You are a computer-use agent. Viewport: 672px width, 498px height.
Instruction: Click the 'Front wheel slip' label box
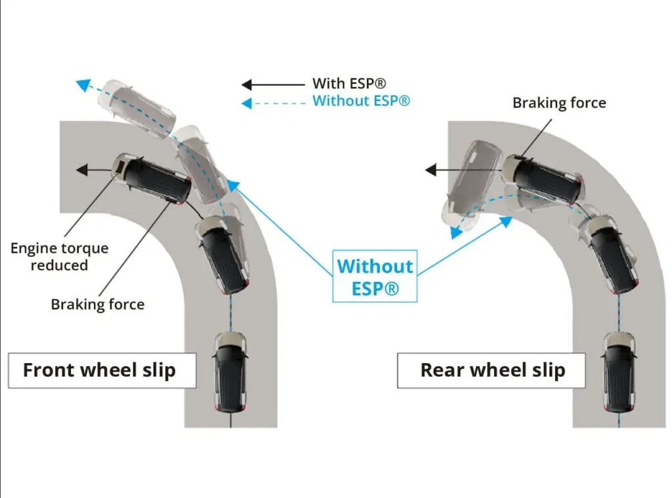pos(102,370)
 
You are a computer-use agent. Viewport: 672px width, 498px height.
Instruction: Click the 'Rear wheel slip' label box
pos(491,370)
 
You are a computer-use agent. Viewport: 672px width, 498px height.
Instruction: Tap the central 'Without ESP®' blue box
pos(375,277)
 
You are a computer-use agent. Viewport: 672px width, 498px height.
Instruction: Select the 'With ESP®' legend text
pos(349,83)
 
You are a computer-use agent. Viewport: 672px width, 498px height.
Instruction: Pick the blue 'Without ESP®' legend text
pos(362,101)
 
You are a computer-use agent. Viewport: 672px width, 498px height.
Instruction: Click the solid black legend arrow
pos(273,85)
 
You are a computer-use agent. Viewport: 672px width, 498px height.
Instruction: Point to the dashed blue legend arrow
pos(273,103)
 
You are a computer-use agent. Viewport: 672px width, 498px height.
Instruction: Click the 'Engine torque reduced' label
pos(60,257)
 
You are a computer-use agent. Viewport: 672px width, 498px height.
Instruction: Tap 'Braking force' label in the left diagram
pos(98,304)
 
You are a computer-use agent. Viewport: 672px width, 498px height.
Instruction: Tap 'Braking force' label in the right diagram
pos(559,103)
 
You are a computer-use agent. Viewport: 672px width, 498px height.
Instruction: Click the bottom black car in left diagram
pos(230,372)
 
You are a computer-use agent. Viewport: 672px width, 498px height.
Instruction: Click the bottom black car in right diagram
pos(619,372)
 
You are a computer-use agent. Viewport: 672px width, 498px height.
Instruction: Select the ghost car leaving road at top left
pos(136,108)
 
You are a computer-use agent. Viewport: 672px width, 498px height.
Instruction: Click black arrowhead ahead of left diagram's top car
pos(82,170)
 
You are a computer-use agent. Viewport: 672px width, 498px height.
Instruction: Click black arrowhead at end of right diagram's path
pos(430,170)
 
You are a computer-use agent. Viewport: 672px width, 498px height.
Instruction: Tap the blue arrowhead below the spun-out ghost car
pos(456,233)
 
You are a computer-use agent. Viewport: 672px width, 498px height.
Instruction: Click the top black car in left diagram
pos(152,177)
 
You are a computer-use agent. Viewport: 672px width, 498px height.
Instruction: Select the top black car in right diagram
pos(543,180)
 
